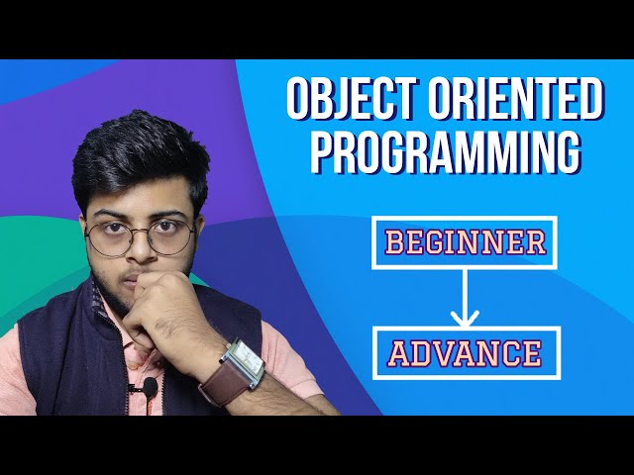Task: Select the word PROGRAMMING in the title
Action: pyautogui.click(x=444, y=153)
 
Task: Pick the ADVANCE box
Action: pyautogui.click(x=464, y=352)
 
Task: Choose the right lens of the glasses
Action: pyautogui.click(x=171, y=237)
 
